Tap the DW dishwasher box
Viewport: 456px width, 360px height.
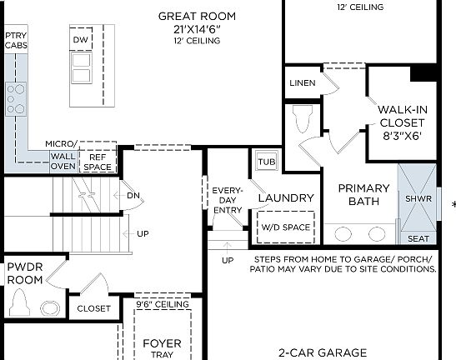point(81,40)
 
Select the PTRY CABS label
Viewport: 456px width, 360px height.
point(16,41)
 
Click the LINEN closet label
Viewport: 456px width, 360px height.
point(302,83)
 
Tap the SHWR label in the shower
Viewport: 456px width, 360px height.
point(418,198)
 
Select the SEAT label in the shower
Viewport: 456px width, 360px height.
point(418,239)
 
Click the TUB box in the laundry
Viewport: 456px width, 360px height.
point(267,162)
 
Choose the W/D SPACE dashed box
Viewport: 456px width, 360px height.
point(286,227)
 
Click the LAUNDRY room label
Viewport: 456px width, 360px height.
point(286,198)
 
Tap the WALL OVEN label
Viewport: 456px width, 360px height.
point(63,161)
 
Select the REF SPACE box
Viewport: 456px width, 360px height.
point(98,162)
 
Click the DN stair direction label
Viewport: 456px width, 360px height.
point(133,195)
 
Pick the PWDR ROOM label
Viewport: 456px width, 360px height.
point(25,274)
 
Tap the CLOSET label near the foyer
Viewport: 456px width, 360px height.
point(93,308)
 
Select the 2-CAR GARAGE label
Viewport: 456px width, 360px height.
point(323,352)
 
